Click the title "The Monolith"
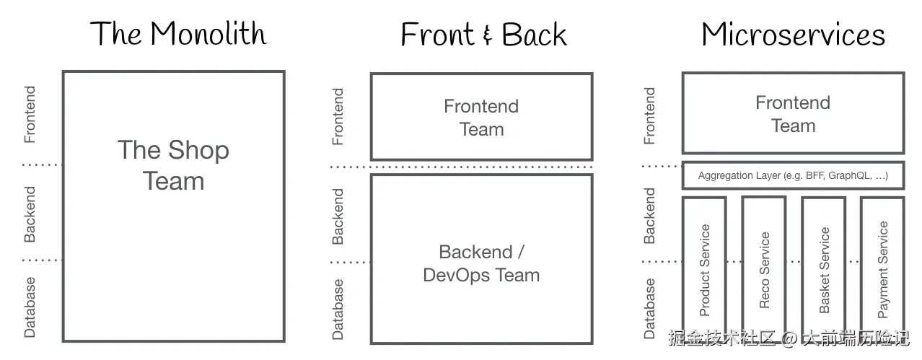point(178,34)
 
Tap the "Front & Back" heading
point(483,35)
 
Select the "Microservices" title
point(793,35)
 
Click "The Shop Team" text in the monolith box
point(173,165)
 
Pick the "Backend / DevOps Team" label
point(481,263)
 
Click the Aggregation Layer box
point(792,175)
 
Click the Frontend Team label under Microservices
point(793,114)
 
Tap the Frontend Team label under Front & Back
point(481,118)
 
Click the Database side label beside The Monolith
point(30,307)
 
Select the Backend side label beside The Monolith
point(30,214)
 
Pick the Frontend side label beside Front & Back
point(338,116)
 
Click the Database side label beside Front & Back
point(338,309)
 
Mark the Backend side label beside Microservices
point(649,216)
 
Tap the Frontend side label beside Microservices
point(649,115)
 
